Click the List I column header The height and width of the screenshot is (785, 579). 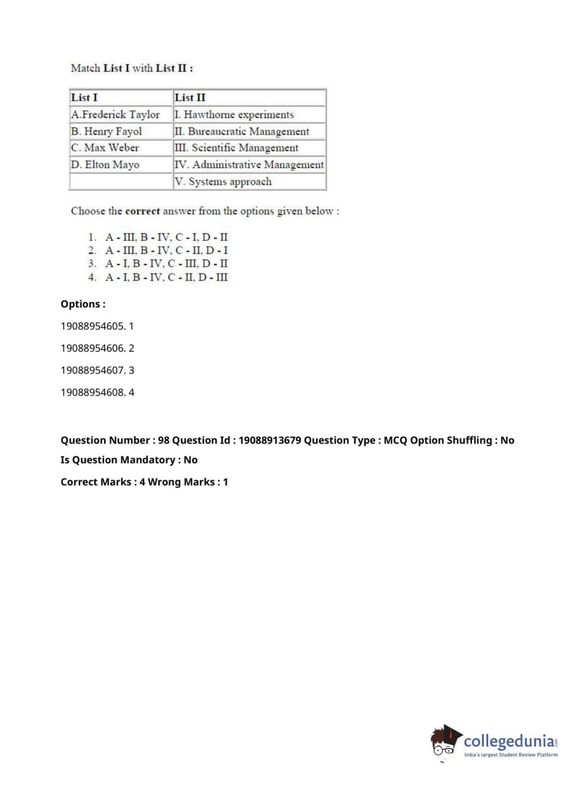coord(84,97)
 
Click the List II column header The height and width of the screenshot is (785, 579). coord(190,97)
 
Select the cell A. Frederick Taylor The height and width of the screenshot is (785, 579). coord(116,114)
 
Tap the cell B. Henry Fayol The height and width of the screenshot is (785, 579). coord(106,131)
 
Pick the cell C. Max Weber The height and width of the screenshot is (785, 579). coord(105,148)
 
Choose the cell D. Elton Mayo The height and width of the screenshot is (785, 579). coord(105,164)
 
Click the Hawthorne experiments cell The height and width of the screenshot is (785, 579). coord(235,114)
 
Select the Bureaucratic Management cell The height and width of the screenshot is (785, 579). coord(242,131)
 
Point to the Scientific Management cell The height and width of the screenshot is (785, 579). coord(237,148)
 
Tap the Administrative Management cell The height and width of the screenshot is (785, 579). coord(249,164)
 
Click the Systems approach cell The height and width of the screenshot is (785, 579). coord(223,181)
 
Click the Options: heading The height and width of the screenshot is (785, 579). coord(83,304)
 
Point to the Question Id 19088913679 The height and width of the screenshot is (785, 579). coord(270,440)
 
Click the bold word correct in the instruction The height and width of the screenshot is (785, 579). coord(142,211)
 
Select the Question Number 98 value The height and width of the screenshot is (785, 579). coord(164,440)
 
